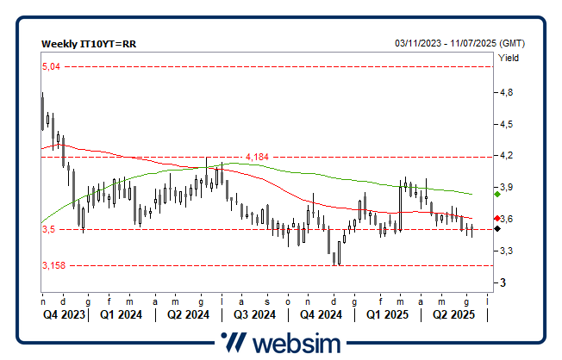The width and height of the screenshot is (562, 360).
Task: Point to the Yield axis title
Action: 509,59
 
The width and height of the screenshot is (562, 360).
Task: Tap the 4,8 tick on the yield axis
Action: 506,92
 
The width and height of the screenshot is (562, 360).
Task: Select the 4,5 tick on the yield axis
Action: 506,124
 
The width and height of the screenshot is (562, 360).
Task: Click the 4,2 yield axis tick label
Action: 506,156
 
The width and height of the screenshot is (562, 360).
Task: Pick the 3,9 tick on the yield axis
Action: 506,188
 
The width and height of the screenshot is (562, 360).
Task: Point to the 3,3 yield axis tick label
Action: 506,251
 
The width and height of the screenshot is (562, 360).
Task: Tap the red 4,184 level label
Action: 257,157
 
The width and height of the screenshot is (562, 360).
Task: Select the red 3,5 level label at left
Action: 48,230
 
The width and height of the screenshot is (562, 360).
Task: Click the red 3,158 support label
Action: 53,266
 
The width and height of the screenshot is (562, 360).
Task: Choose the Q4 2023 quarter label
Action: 65,314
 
